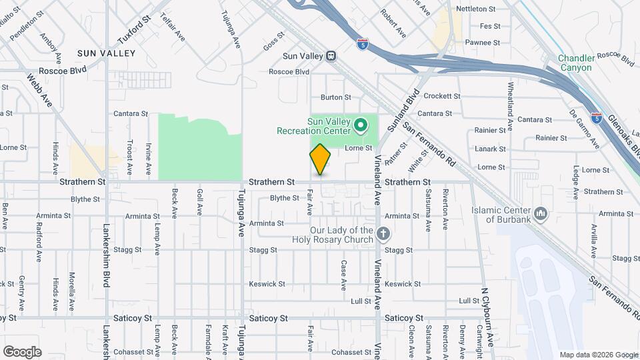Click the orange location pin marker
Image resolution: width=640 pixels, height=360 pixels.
point(321,159)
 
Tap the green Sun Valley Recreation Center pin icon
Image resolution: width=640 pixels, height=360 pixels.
point(361,125)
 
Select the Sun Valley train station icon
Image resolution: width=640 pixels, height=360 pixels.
point(331,56)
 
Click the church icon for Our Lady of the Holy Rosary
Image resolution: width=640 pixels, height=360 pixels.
point(383,233)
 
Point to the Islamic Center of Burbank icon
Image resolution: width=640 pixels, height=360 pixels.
point(541,214)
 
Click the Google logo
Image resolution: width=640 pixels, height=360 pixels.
point(22,351)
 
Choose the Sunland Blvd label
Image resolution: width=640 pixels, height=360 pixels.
point(411,105)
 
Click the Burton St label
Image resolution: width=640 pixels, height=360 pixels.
point(335,97)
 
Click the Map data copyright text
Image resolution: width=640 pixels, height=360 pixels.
point(598,355)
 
